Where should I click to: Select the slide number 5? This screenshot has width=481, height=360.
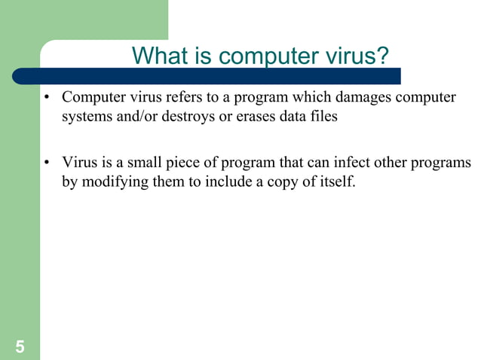click(19, 347)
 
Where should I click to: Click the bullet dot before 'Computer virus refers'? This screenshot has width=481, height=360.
click(47, 99)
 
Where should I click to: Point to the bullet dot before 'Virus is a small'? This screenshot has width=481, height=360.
click(47, 163)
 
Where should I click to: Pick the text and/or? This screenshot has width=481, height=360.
click(131, 117)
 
